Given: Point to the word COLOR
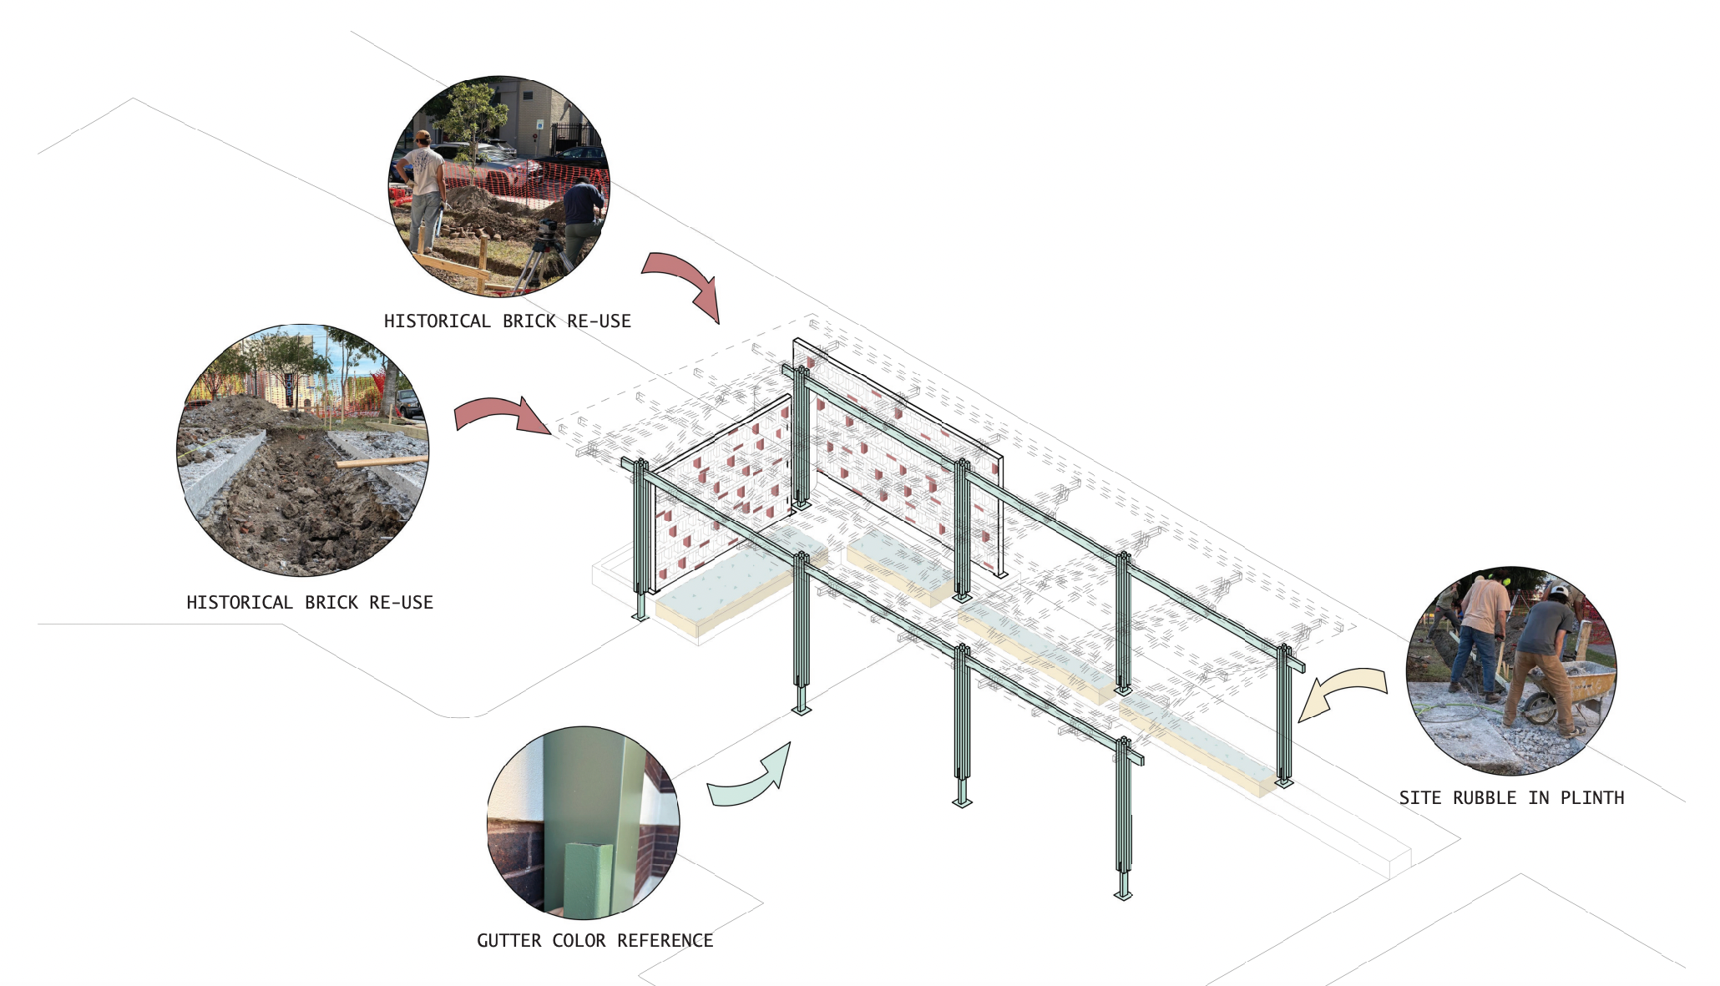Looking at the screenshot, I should pyautogui.click(x=579, y=941).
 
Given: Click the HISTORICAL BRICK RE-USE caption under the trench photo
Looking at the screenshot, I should pyautogui.click(x=310, y=603).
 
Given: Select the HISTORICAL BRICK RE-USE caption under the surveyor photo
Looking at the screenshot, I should pyautogui.click(x=507, y=321).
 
